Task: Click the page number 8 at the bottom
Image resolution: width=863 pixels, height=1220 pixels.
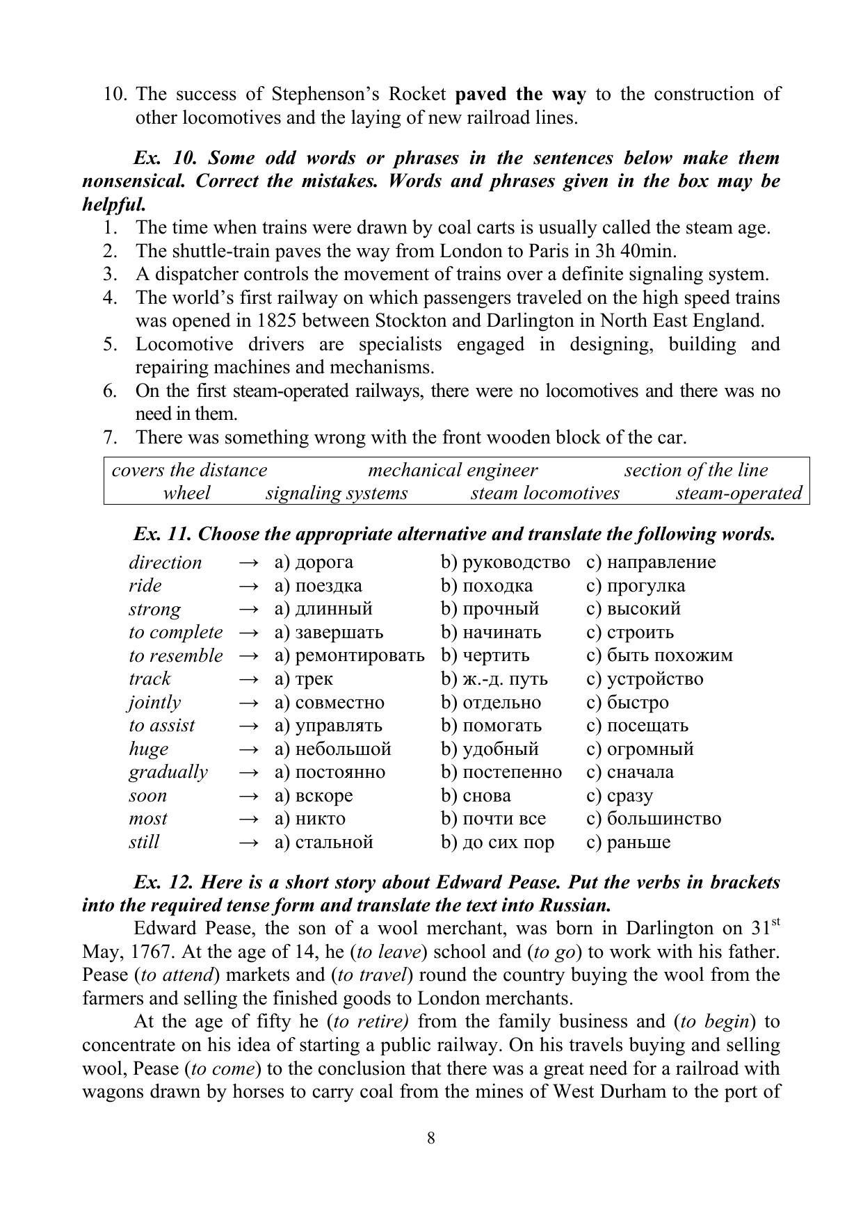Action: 431,1138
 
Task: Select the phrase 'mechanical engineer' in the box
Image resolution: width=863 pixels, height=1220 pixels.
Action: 452,471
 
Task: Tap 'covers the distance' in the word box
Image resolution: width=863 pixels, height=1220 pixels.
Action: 189,471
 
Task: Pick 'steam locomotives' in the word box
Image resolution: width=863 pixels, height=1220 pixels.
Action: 545,494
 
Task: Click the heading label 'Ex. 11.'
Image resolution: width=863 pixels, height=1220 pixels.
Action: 163,534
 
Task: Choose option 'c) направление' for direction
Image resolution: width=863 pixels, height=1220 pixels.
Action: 651,562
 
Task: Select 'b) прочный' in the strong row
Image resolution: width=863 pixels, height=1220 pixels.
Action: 490,609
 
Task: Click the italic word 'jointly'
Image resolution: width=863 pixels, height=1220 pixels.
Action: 154,702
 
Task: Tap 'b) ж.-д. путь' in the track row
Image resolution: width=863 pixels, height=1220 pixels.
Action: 494,678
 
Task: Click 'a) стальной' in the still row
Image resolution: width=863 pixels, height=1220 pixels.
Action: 324,842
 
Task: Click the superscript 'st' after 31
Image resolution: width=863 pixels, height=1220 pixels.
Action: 775,922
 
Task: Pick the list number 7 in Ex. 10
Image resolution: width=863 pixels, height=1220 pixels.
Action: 109,437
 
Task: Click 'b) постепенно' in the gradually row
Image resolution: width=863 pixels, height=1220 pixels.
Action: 501,772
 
